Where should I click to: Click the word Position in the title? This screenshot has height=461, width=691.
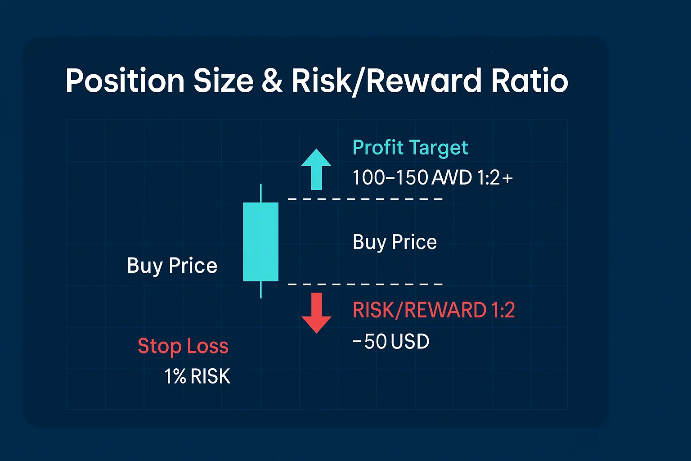[125, 80]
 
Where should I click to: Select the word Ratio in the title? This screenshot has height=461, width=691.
[529, 80]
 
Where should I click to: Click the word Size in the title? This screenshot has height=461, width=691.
[223, 80]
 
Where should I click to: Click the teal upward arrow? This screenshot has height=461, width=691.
[316, 169]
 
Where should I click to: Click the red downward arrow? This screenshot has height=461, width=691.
[316, 313]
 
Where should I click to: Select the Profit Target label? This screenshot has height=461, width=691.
[410, 148]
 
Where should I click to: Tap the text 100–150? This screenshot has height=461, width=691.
[390, 177]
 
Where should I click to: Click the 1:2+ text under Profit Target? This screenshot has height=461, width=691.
[495, 177]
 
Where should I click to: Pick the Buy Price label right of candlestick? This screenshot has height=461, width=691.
[395, 242]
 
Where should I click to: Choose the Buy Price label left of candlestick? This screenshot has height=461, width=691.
[172, 266]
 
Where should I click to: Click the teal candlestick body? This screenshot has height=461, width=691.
[260, 242]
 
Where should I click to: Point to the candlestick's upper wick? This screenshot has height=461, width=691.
[261, 193]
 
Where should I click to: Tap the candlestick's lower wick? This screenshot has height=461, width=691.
[261, 289]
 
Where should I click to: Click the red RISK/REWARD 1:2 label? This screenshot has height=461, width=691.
[434, 310]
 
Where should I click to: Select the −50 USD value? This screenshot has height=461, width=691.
[391, 341]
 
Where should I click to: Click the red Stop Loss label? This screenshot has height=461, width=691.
[183, 346]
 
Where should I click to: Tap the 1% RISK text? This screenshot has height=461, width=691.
[197, 376]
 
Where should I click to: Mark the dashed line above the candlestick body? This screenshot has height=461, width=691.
[365, 199]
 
